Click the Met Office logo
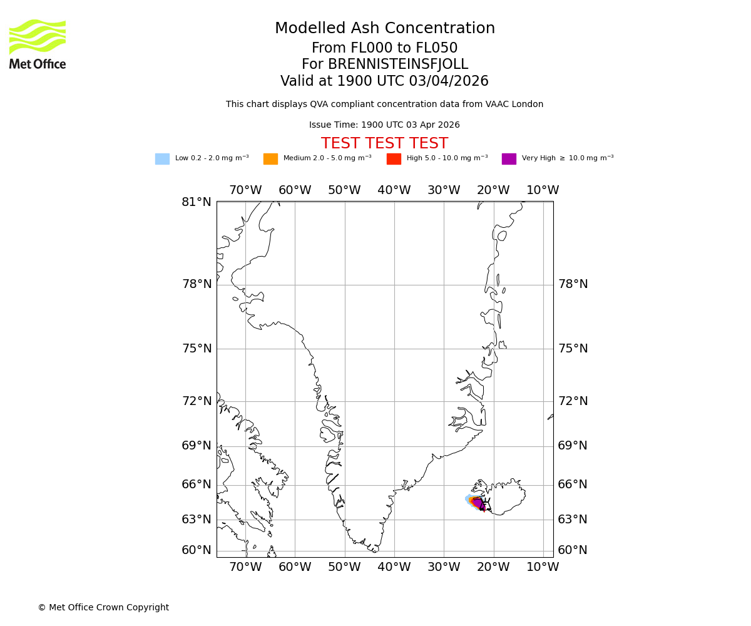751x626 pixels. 38,44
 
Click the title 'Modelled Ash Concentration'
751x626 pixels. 384,29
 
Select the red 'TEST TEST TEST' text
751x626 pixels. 384,143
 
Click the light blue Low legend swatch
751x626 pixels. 162,158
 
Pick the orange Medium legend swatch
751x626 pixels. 270,158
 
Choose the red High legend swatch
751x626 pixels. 394,158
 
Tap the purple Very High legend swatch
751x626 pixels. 509,158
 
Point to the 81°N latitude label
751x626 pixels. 197,202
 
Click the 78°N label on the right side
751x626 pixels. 573,284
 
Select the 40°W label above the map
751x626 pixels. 394,190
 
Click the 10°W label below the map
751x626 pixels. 543,567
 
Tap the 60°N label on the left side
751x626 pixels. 197,550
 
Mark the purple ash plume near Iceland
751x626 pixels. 478,503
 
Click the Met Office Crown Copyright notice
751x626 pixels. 103,607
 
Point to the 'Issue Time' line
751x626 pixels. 384,125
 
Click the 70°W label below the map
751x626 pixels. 245,567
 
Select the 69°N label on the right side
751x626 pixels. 573,446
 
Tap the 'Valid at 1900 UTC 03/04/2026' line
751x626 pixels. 384,81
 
